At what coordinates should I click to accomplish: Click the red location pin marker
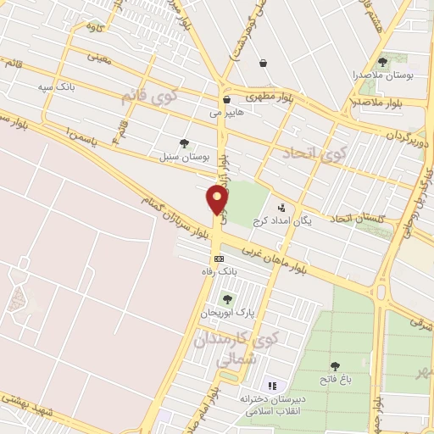(218, 200)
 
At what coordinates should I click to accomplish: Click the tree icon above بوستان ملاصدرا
(382, 62)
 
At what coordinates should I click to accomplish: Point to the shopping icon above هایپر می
(226, 99)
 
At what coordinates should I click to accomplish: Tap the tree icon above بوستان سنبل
(184, 143)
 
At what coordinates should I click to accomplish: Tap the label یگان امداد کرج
(282, 220)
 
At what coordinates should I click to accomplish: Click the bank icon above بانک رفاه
(219, 259)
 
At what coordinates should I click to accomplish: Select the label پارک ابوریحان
(226, 313)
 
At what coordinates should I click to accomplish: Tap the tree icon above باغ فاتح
(336, 365)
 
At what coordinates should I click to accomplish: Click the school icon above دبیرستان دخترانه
(271, 386)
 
